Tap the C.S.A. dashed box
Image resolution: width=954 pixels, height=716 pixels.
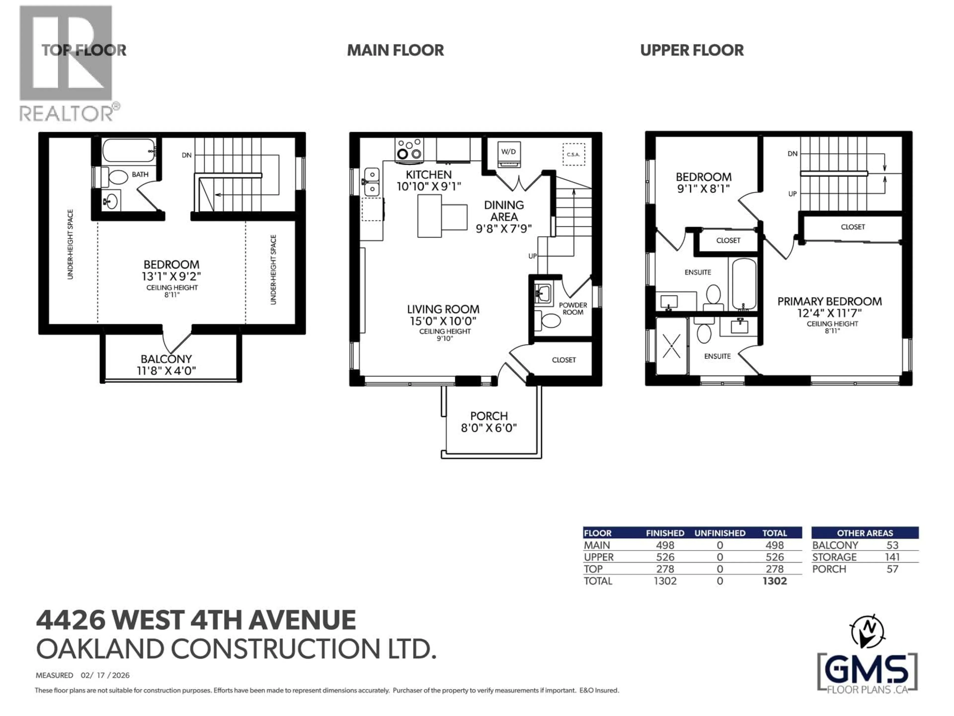click(x=574, y=154)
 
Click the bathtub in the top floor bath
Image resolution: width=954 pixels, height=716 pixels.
click(x=128, y=150)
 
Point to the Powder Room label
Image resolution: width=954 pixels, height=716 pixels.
click(x=573, y=309)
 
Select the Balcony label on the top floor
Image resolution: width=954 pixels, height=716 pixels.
click(x=166, y=359)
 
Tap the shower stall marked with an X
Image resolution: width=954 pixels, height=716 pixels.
click(x=671, y=346)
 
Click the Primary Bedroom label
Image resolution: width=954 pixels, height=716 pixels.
click(x=829, y=302)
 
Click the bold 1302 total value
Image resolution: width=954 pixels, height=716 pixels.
click(x=775, y=581)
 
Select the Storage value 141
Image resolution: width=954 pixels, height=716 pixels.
click(x=892, y=557)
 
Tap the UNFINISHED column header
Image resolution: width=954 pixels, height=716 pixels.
click(x=719, y=533)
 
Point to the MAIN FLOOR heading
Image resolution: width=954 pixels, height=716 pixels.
click(x=395, y=50)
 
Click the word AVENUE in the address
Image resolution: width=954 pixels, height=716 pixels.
click(x=302, y=620)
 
